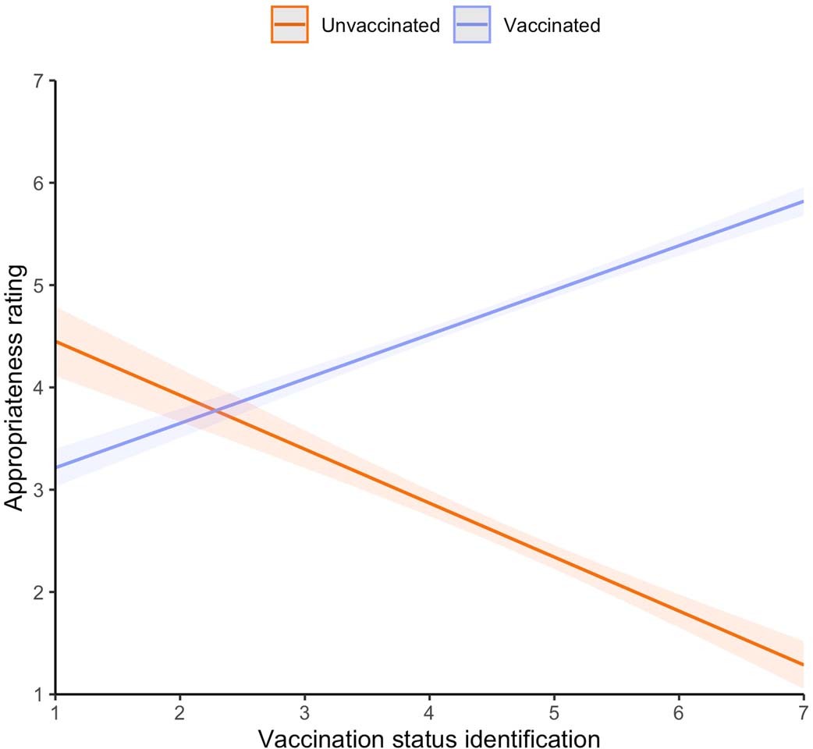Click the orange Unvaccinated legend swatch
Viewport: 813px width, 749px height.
[289, 25]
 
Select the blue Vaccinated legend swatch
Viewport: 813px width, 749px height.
[471, 25]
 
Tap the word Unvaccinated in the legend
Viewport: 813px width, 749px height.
[380, 25]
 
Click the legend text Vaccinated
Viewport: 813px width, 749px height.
[552, 25]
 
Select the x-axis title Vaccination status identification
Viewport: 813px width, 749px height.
[429, 736]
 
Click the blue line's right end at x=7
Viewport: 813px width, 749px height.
[802, 201]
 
